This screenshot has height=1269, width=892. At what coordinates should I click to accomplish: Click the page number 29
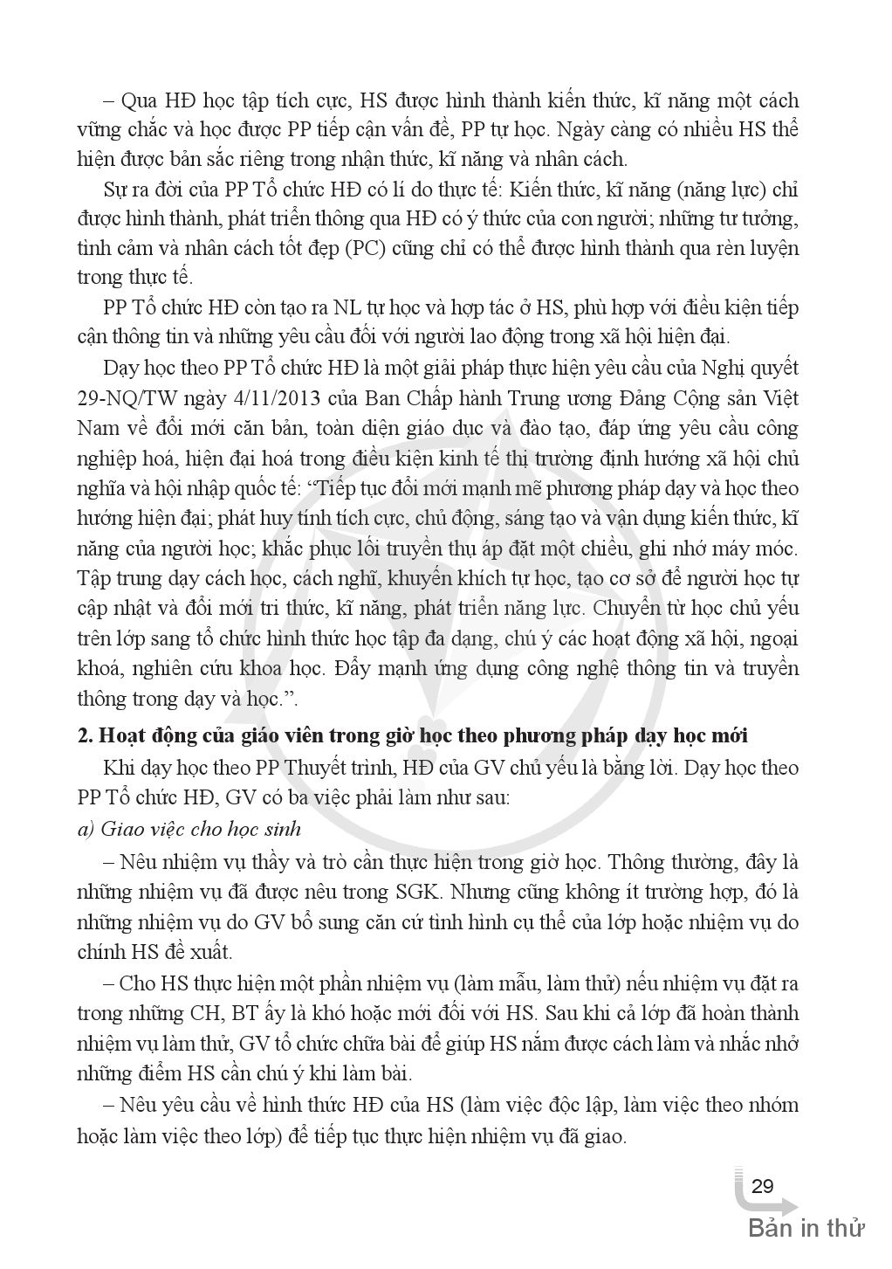point(762,1186)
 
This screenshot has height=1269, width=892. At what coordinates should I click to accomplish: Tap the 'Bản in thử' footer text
point(806,1228)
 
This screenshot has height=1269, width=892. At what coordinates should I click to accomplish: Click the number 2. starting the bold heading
point(85,735)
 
